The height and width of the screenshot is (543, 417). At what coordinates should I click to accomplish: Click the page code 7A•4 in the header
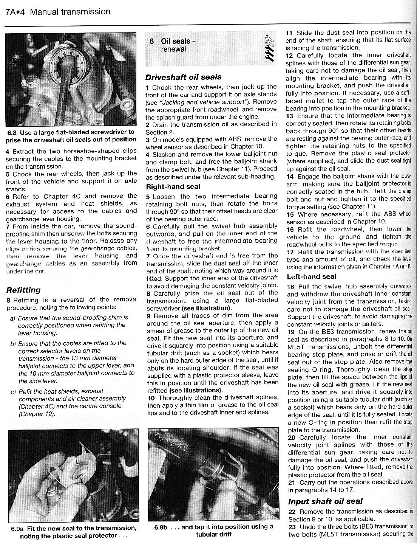pyautogui.click(x=15, y=12)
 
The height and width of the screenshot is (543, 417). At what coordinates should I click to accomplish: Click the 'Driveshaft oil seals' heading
pyautogui.click(x=183, y=77)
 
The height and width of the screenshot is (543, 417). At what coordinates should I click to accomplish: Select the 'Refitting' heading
pyautogui.click(x=23, y=290)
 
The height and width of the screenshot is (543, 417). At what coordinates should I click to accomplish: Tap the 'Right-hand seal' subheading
pyautogui.click(x=173, y=186)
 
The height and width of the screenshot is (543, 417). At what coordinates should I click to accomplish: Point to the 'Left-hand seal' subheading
pyautogui.click(x=311, y=276)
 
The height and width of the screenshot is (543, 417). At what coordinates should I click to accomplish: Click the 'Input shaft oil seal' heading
pyautogui.click(x=325, y=501)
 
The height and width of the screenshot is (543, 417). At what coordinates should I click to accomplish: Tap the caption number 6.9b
pyautogui.click(x=162, y=527)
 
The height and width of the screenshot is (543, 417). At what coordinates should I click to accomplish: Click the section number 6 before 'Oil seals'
pyautogui.click(x=152, y=41)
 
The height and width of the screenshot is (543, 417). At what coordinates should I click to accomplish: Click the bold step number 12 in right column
pyautogui.click(x=289, y=55)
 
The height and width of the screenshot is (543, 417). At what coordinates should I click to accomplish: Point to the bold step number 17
pyautogui.click(x=290, y=251)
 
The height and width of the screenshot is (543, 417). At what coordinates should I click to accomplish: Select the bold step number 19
pyautogui.click(x=291, y=332)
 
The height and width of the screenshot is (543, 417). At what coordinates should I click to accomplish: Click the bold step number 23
pyautogui.click(x=292, y=527)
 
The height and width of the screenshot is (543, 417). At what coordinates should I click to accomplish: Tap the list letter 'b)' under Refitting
pyautogui.click(x=13, y=343)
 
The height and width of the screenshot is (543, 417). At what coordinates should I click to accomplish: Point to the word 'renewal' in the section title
pyautogui.click(x=173, y=49)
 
